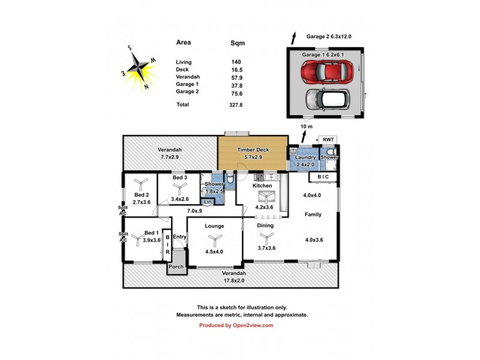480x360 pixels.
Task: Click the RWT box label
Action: [x=328, y=140]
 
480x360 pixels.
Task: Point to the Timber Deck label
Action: [x=252, y=150]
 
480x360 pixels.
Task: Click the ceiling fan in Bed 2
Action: [x=140, y=184]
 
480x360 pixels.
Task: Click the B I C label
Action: [x=323, y=177]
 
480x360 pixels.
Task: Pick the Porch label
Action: [x=176, y=266]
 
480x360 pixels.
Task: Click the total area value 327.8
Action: [x=239, y=104]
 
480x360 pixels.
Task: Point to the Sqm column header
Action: [x=240, y=43]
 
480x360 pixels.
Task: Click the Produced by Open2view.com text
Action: [x=236, y=325]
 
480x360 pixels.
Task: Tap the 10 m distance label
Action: [x=306, y=127]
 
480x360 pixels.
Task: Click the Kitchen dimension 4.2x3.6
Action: [x=264, y=208]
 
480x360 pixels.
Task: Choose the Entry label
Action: [x=179, y=237]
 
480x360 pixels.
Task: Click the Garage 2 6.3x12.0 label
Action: [x=328, y=37]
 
